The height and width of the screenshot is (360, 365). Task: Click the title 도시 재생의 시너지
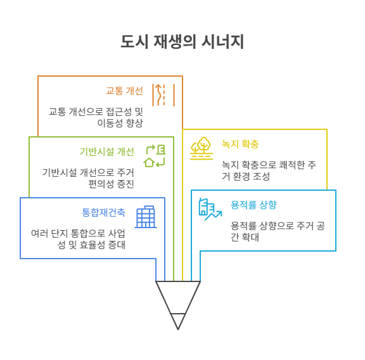click(182, 42)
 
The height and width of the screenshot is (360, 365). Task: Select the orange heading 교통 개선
click(124, 90)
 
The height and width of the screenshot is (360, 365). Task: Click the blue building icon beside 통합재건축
click(146, 217)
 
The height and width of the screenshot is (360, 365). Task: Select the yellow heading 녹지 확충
click(240, 144)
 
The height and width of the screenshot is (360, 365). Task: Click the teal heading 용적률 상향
click(253, 205)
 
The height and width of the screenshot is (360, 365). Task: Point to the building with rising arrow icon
click(210, 209)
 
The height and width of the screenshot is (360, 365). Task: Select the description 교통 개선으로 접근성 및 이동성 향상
click(96, 117)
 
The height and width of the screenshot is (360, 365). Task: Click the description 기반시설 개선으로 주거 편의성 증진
click(88, 177)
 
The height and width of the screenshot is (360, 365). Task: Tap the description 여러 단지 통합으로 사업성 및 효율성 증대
click(78, 238)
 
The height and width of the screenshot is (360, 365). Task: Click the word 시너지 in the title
click(222, 42)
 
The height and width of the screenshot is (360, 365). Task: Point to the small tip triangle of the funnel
click(178, 320)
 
